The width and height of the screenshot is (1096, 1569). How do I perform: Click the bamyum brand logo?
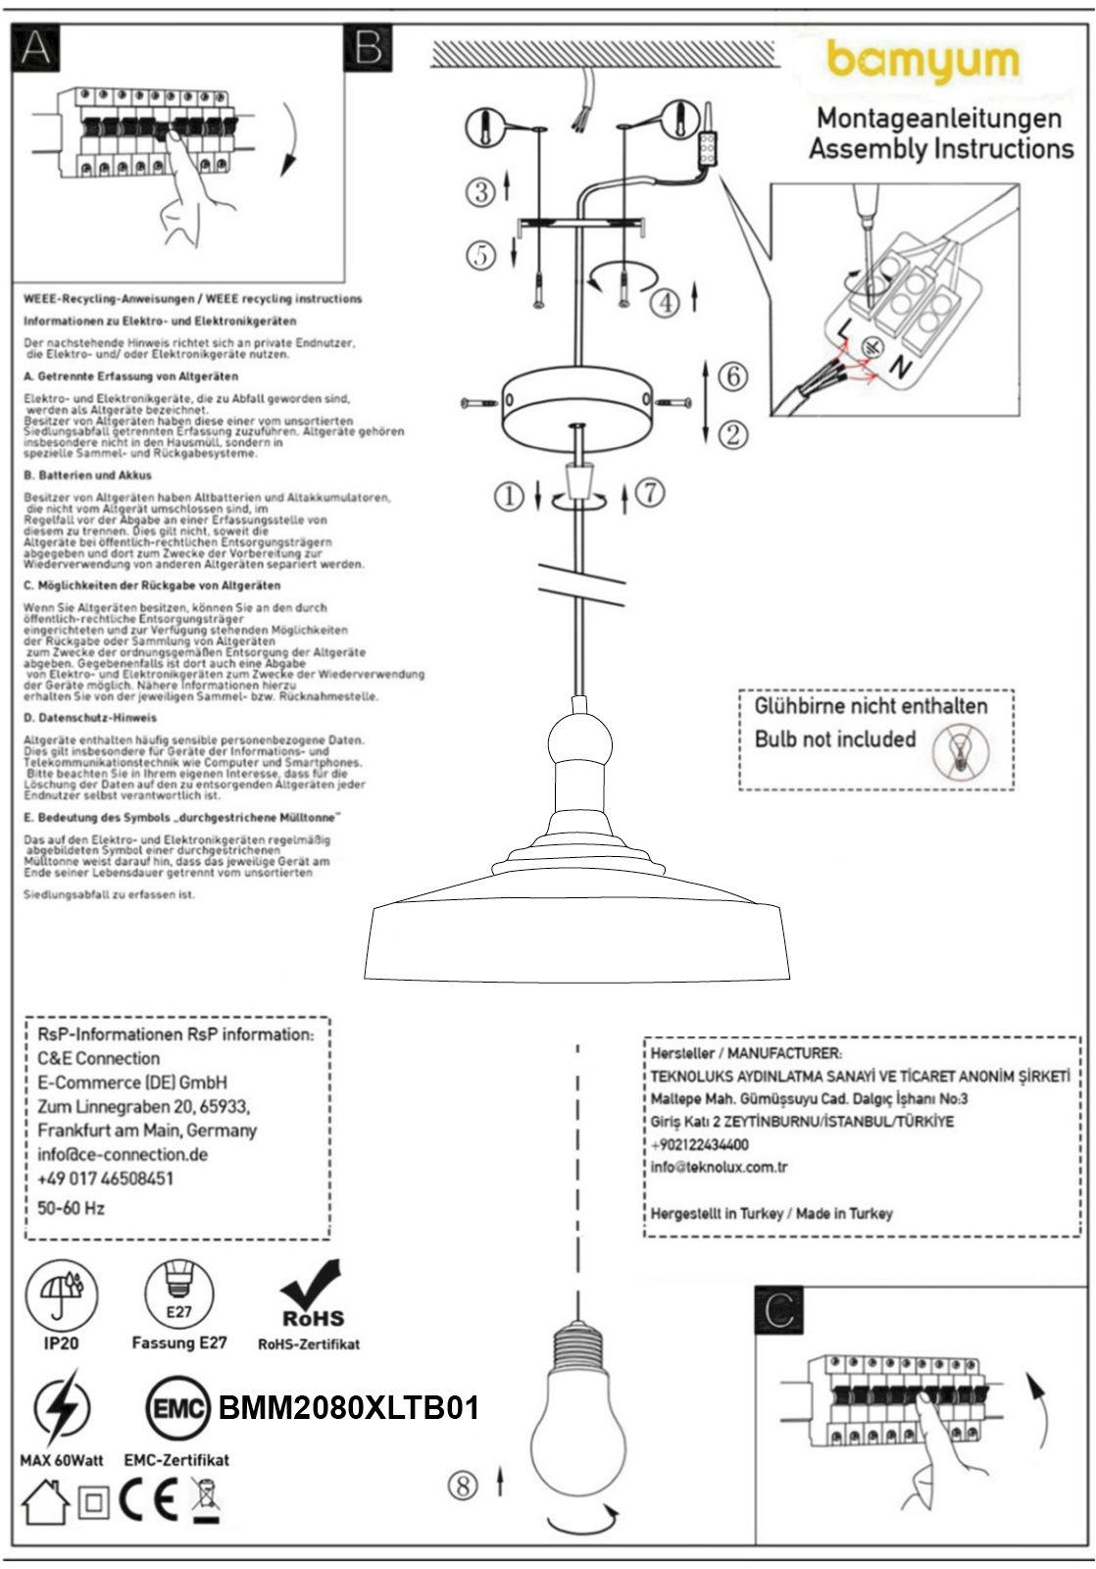click(x=922, y=62)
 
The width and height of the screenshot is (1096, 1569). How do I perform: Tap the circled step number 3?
click(x=480, y=191)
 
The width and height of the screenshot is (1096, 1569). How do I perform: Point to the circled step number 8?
click(x=463, y=1485)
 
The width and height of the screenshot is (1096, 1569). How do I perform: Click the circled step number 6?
click(x=732, y=375)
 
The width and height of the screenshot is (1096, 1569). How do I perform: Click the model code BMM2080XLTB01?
click(x=349, y=1408)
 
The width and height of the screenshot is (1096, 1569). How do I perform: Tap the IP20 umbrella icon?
click(x=61, y=1293)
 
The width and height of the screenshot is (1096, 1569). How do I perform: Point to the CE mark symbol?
click(x=149, y=1501)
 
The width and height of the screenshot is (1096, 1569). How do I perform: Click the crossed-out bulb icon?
click(x=961, y=752)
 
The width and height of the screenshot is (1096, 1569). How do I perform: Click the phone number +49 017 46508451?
click(x=105, y=1178)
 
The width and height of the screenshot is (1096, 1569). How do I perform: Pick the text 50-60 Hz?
click(x=71, y=1208)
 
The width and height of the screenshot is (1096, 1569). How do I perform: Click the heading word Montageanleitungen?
click(x=939, y=119)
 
